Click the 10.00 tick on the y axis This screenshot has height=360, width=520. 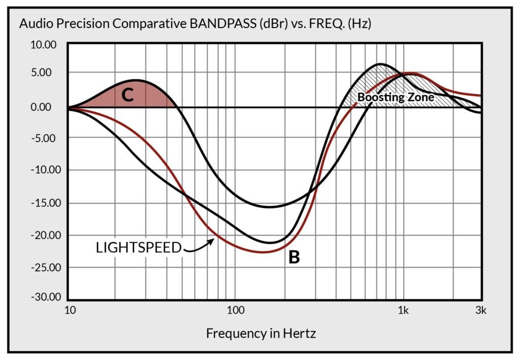coord(45,44)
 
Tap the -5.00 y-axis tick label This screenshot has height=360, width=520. coord(46,138)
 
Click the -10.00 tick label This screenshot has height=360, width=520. coord(44,170)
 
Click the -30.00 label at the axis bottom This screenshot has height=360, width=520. coord(44,298)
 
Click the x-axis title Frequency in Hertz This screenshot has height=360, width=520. coord(261,334)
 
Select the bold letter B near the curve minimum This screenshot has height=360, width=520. coord(294,257)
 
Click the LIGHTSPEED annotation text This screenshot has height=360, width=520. coord(139,248)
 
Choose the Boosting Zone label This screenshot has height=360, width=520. coord(396,96)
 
